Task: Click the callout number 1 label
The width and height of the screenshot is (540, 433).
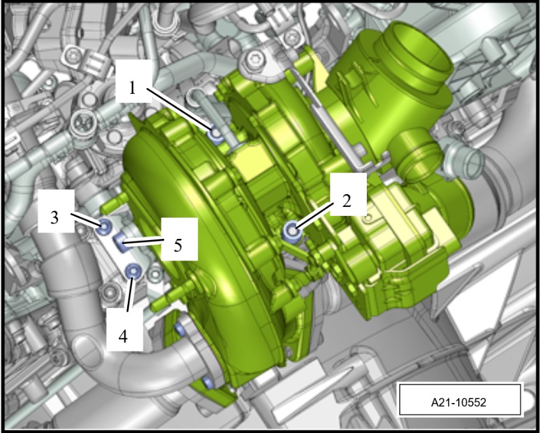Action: pyautogui.click(x=132, y=88)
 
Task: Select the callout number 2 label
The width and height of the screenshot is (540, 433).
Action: pyautogui.click(x=346, y=201)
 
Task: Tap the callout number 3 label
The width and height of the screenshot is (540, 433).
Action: pyautogui.click(x=55, y=218)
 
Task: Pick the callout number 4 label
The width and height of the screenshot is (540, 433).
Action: pyautogui.click(x=123, y=336)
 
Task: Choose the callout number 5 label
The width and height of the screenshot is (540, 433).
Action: pyautogui.click(x=178, y=245)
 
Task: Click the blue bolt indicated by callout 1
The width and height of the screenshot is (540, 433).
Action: pyautogui.click(x=216, y=134)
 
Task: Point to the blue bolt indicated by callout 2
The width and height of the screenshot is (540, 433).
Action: pyautogui.click(x=292, y=231)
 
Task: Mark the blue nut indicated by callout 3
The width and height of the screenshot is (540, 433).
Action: pyautogui.click(x=104, y=227)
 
